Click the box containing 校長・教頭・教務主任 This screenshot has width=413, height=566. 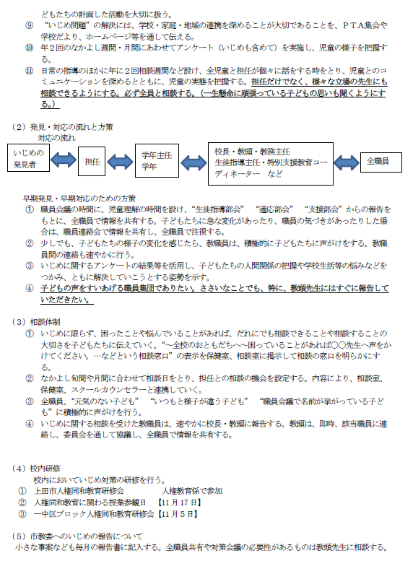tap(271, 162)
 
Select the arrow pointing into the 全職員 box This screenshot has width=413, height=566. tap(346, 161)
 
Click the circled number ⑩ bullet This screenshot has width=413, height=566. tap(28, 47)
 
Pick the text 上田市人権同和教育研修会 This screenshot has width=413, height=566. tap(90, 490)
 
